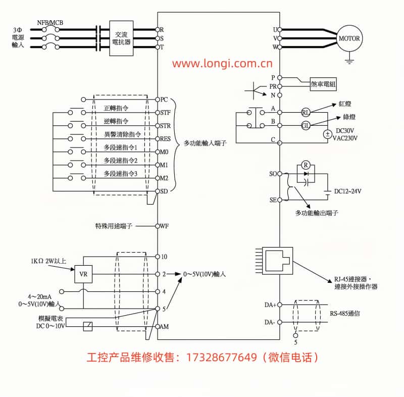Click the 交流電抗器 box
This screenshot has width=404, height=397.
tap(121, 38)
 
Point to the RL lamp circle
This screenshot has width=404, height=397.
tap(306, 112)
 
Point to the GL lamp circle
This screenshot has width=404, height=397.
tap(306, 125)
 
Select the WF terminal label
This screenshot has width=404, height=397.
tap(164, 226)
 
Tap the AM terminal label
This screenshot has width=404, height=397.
tap(164, 327)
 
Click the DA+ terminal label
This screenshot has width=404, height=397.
tap(270, 305)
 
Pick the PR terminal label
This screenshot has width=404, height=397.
tap(273, 86)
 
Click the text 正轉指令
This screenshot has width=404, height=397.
tap(116, 108)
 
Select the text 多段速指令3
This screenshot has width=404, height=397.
tap(121, 174)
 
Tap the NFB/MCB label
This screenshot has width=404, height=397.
tap(50, 22)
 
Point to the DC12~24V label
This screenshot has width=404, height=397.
tap(348, 191)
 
